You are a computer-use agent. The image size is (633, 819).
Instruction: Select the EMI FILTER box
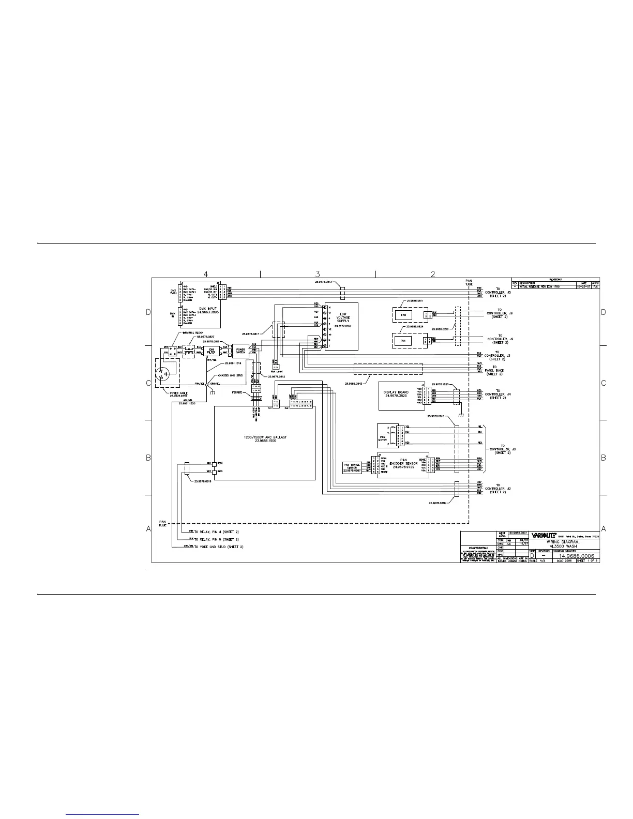pos(211,351)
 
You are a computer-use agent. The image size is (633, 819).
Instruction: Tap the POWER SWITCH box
pos(240,351)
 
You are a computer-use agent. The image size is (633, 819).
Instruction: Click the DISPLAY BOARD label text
pos(396,394)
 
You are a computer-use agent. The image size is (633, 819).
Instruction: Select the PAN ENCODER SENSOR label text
pos(403,463)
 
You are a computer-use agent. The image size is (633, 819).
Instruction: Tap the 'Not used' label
pos(276,372)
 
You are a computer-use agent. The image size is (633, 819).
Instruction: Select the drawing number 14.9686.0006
pos(572,556)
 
